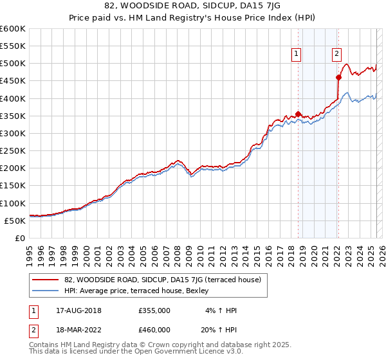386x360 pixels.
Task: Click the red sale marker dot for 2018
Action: pyautogui.click(x=298, y=114)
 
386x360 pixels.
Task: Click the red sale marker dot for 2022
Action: pyautogui.click(x=338, y=77)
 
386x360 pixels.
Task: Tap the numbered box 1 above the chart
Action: pyautogui.click(x=296, y=55)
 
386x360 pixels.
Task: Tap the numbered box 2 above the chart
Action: pyautogui.click(x=336, y=55)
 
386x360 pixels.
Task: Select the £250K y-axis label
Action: pyautogui.click(x=12, y=150)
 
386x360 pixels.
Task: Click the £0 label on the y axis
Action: pyautogui.click(x=19, y=238)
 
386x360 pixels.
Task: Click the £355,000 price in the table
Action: pyautogui.click(x=154, y=310)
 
